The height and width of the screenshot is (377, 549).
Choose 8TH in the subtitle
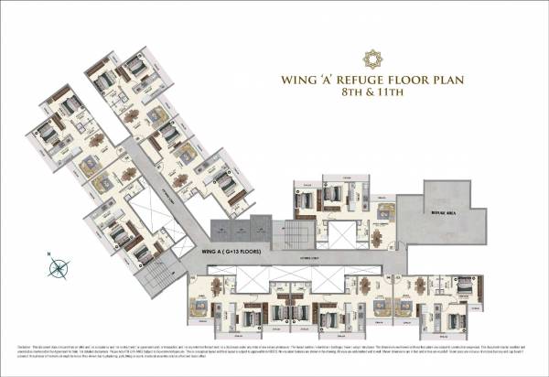click(348, 93)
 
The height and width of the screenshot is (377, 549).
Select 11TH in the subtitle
click(393, 93)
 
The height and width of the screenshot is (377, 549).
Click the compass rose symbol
click(59, 268)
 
